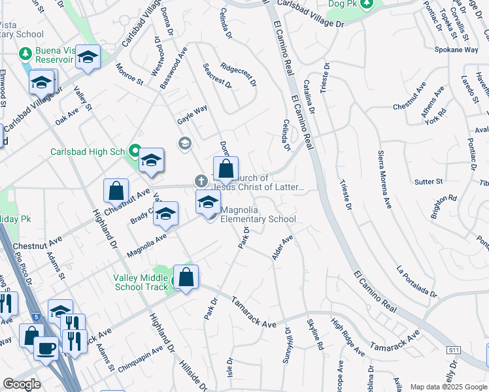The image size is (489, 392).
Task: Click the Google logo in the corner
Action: pos(22,384)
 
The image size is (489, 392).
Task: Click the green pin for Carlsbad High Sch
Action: pos(135,152)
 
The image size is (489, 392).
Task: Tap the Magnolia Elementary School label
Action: pos(258,214)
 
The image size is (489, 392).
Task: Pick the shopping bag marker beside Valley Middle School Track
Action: pos(186,278)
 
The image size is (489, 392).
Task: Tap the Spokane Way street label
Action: pos(456,50)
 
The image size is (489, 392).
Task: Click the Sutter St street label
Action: pos(429,181)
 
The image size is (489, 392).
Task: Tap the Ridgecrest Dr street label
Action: pos(238,74)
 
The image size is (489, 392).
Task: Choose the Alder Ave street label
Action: pos(282,247)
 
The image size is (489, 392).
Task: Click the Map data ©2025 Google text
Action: pos(448,387)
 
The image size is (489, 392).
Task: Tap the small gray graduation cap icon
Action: pos(185,142)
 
